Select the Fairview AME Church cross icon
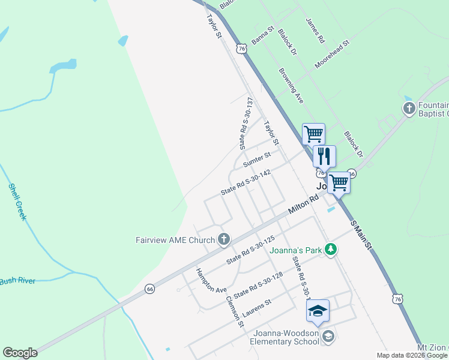point(224,240)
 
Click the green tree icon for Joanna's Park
point(330,249)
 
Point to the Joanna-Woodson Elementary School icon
point(328,336)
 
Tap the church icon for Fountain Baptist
point(409,109)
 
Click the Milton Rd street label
point(303,206)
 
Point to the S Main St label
point(362,234)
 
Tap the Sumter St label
point(258,160)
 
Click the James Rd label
point(315,30)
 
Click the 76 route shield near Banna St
point(241,48)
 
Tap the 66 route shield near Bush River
point(149,289)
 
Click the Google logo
point(20,353)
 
